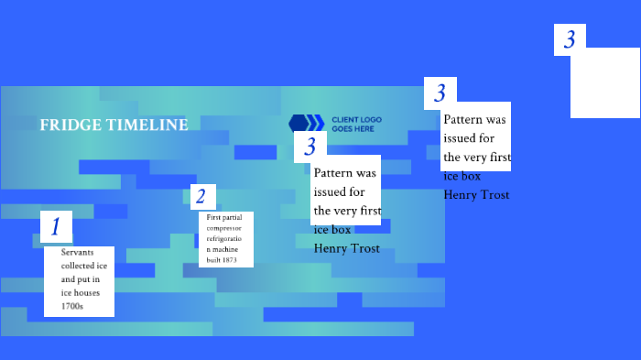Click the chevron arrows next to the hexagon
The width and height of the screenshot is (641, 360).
(x=315, y=124)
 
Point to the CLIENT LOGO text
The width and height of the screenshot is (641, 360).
(x=356, y=120)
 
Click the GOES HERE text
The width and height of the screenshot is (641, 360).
(x=353, y=129)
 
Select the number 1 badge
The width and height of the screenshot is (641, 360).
(x=56, y=226)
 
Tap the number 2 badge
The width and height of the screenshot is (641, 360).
(x=203, y=197)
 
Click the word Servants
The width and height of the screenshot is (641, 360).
(x=78, y=252)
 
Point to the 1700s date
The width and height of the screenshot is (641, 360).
(x=72, y=306)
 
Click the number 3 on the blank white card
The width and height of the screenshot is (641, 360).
(x=570, y=39)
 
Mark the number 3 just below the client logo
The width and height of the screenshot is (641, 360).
(x=310, y=147)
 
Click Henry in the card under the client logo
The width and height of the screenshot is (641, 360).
(x=331, y=248)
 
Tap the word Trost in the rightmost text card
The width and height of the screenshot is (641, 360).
(x=494, y=194)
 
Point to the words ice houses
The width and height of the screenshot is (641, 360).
(x=78, y=292)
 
